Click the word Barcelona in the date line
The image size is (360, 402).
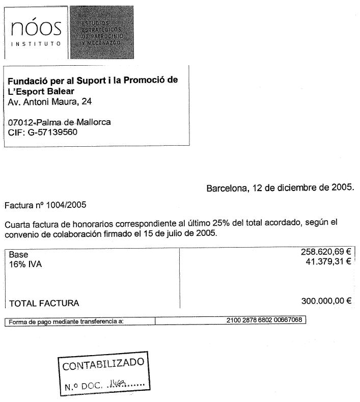point(226,187)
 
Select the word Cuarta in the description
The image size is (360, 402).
point(17,224)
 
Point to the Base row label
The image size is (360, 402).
point(18,254)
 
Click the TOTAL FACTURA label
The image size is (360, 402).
point(44,303)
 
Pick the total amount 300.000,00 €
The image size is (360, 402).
point(326,301)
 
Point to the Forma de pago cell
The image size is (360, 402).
point(66,321)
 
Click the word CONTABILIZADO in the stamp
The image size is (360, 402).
point(103,365)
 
